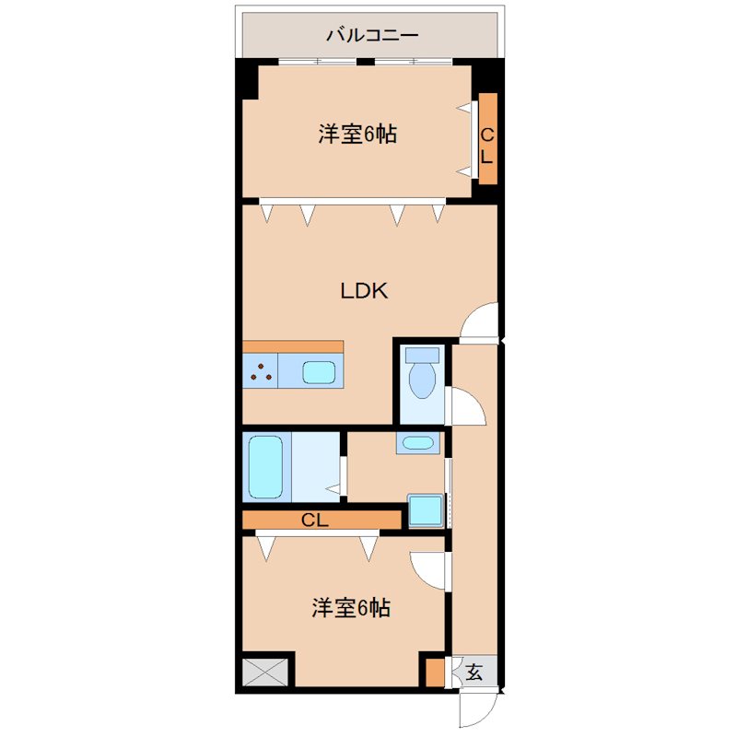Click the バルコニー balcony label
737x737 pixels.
tap(372, 36)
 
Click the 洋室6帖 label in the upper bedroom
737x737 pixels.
tap(357, 135)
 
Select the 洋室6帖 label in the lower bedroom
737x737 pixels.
tap(350, 608)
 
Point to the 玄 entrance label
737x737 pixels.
tap(474, 672)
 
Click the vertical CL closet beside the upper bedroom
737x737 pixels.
tap(487, 145)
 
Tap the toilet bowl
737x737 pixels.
tap(423, 380)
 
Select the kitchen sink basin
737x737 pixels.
tap(320, 372)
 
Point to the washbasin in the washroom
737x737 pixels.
tap(418, 443)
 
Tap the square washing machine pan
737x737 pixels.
tap(425, 510)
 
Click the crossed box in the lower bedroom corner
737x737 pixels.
tap(265, 672)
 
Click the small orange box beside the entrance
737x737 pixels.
tap(434, 671)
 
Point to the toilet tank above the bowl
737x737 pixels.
tap(423, 355)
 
